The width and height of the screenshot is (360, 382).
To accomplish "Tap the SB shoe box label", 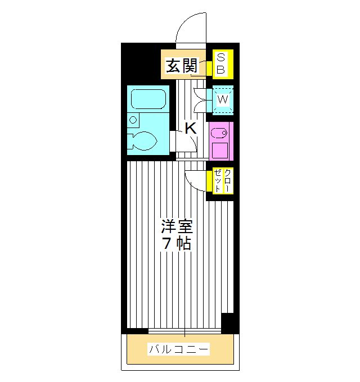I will click(220, 63).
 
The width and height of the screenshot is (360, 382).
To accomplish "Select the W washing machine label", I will click(223, 99).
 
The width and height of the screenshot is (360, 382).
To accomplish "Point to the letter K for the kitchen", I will click(191, 128).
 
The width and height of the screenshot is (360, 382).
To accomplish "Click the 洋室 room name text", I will click(177, 228).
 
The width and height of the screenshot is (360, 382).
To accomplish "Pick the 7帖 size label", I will click(177, 244).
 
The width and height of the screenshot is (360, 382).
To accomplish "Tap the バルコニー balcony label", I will click(179, 350).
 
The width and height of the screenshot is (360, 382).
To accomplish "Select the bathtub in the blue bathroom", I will click(147, 99).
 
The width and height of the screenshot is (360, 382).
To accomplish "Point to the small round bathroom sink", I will click(133, 119).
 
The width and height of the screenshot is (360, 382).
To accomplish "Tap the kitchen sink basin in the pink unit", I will click(219, 134).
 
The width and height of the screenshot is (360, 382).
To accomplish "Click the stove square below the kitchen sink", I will click(219, 151).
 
